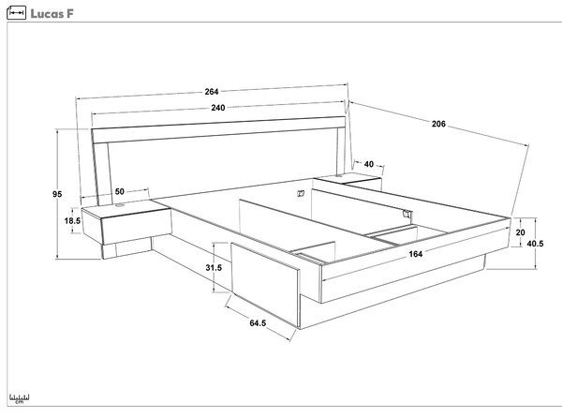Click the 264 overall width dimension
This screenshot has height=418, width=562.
click(x=212, y=92)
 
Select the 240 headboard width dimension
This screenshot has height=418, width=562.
click(x=218, y=108)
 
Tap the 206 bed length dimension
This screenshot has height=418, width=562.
click(x=438, y=124)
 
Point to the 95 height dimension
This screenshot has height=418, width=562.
click(x=57, y=194)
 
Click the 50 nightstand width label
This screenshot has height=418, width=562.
click(x=120, y=191)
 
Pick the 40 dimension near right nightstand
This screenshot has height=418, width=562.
click(x=369, y=164)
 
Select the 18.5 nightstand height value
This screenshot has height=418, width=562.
click(x=72, y=221)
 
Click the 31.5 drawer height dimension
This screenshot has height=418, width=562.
click(x=214, y=267)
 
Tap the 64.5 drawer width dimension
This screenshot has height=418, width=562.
click(x=258, y=323)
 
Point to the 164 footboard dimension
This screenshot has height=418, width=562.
click(x=415, y=254)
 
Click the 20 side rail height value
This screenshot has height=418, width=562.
click(x=521, y=232)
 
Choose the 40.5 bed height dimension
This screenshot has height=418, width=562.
click(x=535, y=244)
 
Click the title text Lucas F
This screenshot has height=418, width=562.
click(x=52, y=14)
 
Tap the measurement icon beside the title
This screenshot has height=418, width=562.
click(x=17, y=13)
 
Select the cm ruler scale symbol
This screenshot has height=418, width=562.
click(x=20, y=398)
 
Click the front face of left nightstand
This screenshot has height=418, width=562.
click(x=137, y=227)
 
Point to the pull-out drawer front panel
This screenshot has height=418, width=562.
click(x=265, y=284)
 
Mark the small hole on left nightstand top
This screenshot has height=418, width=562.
click(x=119, y=205)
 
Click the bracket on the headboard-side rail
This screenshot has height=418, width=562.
click(x=301, y=194)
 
